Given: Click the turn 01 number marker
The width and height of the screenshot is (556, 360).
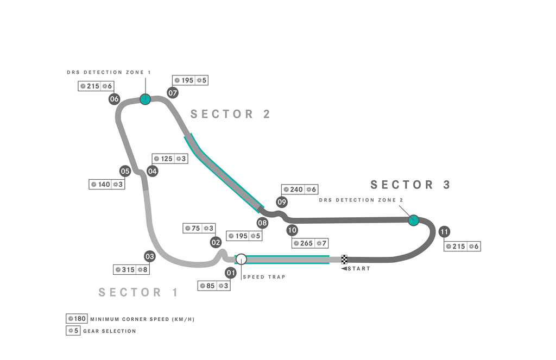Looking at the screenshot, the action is [231, 273].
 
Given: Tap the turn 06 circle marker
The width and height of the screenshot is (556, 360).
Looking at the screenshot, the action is [114, 99].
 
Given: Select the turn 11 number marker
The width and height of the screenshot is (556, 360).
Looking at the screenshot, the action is [444, 232].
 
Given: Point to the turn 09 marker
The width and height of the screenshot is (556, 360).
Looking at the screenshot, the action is [282, 202].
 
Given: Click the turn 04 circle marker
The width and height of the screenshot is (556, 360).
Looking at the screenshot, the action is [153, 171].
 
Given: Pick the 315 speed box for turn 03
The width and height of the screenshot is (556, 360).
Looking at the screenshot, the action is [131, 269].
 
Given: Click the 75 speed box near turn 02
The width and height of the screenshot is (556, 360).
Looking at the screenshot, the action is [199, 229].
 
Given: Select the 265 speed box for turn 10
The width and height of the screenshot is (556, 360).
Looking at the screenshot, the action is [310, 243].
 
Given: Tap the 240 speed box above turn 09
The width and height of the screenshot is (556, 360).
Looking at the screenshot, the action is [300, 190].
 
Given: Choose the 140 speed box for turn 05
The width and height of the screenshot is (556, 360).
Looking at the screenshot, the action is [107, 185].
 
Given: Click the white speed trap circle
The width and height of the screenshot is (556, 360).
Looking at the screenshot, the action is [241, 259].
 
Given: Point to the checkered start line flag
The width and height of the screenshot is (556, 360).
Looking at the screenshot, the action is [344, 260].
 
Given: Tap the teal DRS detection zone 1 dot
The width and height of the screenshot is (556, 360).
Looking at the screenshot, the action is [145, 99].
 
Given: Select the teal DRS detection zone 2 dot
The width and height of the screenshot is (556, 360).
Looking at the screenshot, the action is [413, 220].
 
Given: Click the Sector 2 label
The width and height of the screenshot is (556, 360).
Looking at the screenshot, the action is [230, 114].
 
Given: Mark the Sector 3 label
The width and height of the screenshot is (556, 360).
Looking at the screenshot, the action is [410, 185].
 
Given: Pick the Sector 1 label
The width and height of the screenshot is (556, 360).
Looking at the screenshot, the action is [138, 292].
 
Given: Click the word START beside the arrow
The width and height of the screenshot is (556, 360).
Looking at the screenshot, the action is [359, 269].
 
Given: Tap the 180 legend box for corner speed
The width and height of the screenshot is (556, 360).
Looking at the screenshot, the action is [77, 319].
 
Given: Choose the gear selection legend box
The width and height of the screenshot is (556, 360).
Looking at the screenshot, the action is [73, 331].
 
